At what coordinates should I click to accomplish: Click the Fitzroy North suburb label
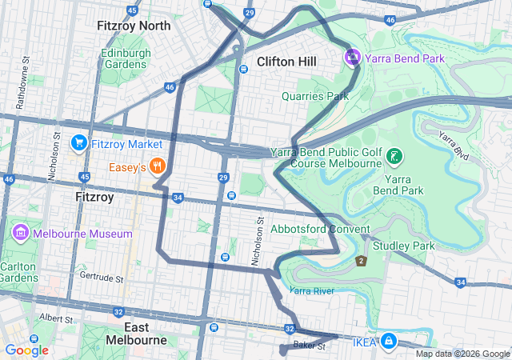134,26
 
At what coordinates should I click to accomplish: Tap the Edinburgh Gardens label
126,58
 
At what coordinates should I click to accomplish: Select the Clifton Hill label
286,62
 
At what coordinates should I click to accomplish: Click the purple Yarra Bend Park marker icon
353,58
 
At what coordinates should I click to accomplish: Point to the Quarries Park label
315,96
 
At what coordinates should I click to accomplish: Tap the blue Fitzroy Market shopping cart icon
78,143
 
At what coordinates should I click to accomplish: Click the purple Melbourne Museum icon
21,233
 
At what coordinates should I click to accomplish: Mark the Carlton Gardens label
18,272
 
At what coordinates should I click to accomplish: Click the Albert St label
54,318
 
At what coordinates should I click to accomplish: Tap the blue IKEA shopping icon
388,342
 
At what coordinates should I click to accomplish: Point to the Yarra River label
311,291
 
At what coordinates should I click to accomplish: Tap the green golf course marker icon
394,156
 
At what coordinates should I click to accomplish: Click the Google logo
26,350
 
